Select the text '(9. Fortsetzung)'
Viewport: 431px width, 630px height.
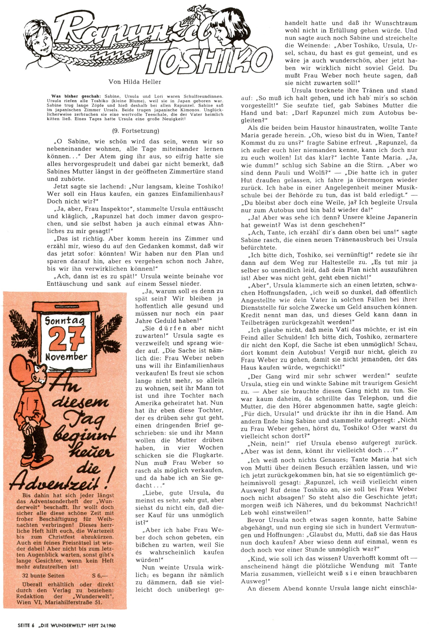(135, 131)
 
